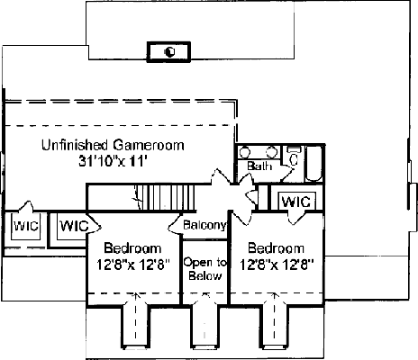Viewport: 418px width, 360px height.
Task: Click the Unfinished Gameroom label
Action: click(x=113, y=145)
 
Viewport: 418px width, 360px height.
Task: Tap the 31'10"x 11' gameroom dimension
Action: click(x=113, y=161)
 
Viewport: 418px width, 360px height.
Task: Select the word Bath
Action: click(x=259, y=166)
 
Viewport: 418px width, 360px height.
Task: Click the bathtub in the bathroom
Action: click(x=314, y=164)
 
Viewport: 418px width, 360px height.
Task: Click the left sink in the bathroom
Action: click(x=245, y=152)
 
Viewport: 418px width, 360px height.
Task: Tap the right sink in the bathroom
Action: click(x=272, y=152)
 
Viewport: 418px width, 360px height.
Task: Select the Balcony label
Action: click(x=204, y=225)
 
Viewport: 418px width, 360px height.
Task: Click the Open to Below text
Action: click(x=205, y=269)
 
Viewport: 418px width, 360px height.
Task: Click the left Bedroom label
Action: click(x=132, y=248)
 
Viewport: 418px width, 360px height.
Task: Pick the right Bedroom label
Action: click(x=276, y=248)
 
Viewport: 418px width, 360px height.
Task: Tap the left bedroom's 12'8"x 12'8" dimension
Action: click(x=133, y=265)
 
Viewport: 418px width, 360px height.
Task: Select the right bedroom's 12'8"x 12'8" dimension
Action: click(x=277, y=265)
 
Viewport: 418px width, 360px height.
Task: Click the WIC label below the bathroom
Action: click(x=296, y=202)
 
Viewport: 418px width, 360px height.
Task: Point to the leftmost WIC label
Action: click(x=26, y=226)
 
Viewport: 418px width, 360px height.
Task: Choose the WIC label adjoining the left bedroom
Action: click(x=74, y=226)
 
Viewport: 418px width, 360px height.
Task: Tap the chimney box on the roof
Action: click(x=168, y=52)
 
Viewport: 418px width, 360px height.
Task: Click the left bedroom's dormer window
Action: click(x=135, y=327)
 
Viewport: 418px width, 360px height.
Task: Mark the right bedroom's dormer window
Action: click(x=276, y=327)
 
